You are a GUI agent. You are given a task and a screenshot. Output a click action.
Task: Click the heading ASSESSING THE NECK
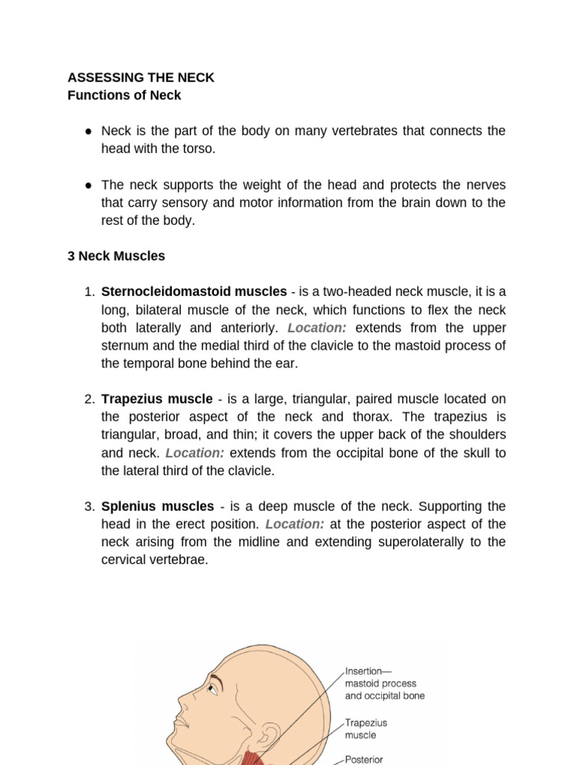[141, 78]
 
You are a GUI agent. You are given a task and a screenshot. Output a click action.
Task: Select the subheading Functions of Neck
[124, 96]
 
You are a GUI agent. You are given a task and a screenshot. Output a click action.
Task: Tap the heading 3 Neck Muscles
[116, 256]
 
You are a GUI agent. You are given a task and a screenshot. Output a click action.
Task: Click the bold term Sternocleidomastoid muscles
[194, 292]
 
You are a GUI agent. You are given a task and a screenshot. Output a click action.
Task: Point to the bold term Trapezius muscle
[157, 399]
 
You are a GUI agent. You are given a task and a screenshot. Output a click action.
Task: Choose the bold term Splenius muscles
[158, 507]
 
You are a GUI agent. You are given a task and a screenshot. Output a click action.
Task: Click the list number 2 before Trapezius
[88, 399]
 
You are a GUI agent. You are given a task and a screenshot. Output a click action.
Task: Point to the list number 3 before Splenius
[88, 507]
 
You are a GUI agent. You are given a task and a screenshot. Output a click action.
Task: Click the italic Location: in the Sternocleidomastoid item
[317, 328]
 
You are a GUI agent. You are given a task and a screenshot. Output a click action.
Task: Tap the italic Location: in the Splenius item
[294, 524]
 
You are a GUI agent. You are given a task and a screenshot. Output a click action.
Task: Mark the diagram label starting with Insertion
[384, 683]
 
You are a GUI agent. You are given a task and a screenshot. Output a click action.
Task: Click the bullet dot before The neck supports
[88, 185]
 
